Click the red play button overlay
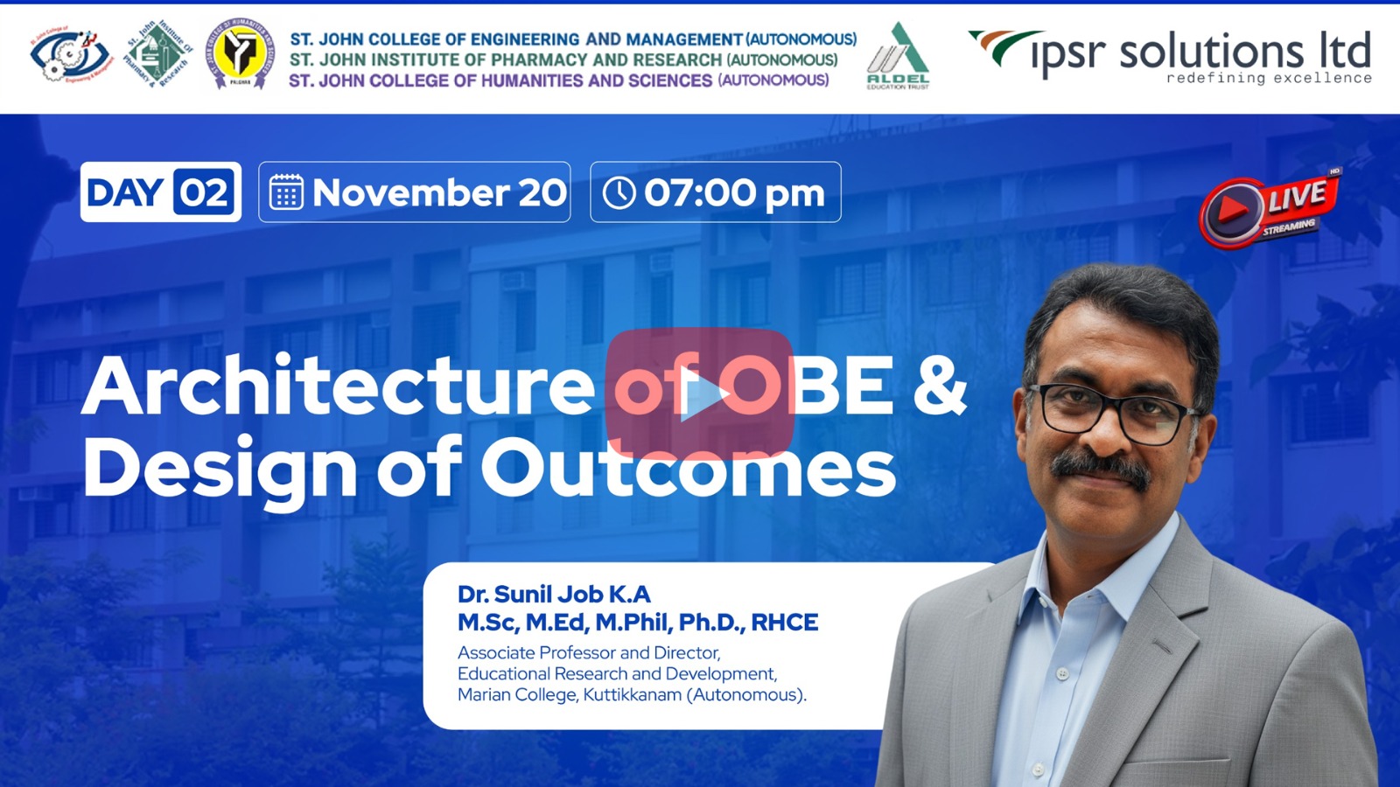(x=699, y=393)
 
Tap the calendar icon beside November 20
(x=286, y=192)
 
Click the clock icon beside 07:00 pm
(x=619, y=192)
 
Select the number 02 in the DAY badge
(x=204, y=192)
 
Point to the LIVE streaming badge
(x=1269, y=209)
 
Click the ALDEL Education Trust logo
(x=898, y=56)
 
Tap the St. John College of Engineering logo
(x=71, y=55)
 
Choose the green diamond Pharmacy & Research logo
(x=160, y=53)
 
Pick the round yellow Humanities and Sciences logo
(x=240, y=53)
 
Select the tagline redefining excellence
(x=1270, y=78)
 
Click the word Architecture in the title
(x=338, y=386)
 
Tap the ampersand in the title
(x=940, y=386)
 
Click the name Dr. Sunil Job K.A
(x=554, y=594)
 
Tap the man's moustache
(x=1102, y=470)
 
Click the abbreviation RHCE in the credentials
(x=784, y=623)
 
